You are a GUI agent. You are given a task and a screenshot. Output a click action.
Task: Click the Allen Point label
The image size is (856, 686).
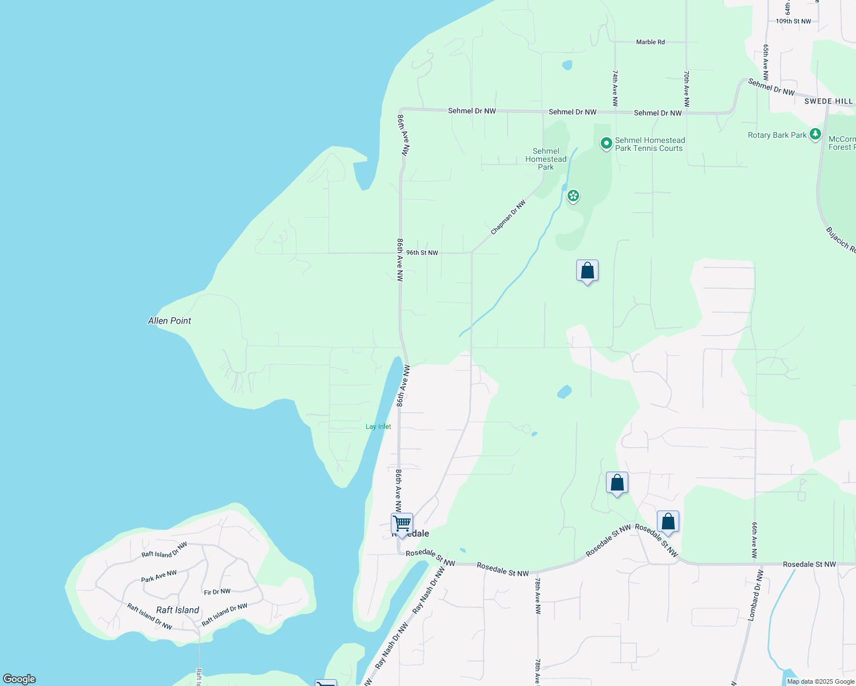169,321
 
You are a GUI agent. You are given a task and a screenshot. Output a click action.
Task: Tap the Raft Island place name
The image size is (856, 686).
178,610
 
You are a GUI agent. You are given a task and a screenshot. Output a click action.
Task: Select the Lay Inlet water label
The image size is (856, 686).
378,426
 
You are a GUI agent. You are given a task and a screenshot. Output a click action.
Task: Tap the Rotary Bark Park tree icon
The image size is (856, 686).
815,135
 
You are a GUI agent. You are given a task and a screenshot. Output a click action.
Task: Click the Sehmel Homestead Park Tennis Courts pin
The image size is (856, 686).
606,143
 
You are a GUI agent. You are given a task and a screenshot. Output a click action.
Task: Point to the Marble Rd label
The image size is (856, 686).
650,42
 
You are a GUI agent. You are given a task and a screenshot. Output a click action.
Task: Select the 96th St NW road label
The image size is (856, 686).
422,253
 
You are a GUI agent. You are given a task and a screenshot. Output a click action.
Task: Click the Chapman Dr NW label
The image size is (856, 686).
508,217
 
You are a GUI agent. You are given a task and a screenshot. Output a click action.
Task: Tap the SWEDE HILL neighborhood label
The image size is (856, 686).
829,101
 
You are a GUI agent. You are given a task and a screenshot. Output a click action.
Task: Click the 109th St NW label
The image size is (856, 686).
793,21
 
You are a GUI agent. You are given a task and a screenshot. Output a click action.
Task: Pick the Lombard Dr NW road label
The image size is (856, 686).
755,595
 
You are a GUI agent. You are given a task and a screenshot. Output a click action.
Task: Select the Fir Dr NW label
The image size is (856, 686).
217,592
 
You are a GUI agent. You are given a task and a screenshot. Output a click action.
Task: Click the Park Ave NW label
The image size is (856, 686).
159,576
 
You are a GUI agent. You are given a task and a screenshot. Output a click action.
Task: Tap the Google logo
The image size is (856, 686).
19,679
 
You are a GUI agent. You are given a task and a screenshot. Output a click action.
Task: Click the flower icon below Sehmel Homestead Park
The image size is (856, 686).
573,196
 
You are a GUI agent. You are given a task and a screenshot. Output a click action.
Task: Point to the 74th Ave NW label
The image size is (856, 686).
615,89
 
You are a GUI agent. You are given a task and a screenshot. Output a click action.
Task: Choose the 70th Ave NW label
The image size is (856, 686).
686,89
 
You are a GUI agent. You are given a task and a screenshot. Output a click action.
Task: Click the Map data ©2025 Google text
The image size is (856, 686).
821,681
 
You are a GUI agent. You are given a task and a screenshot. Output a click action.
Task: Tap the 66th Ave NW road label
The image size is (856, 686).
755,540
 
